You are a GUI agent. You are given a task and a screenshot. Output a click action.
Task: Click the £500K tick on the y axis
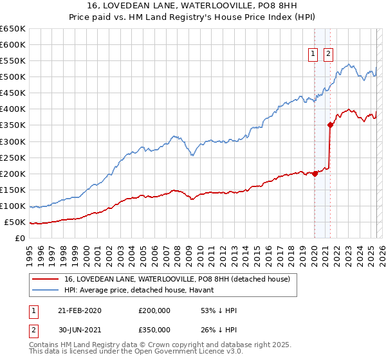[x=13, y=77]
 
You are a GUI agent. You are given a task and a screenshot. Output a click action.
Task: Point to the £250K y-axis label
[x=13, y=157]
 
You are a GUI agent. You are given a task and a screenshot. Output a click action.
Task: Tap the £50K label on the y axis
[x=15, y=222]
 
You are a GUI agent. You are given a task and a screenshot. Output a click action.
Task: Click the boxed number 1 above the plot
[x=313, y=55]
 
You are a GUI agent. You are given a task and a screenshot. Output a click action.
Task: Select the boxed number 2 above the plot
[x=328, y=55]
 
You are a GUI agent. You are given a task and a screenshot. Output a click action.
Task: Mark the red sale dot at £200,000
[x=315, y=174]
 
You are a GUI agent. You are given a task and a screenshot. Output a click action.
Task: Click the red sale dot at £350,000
[x=330, y=125]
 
